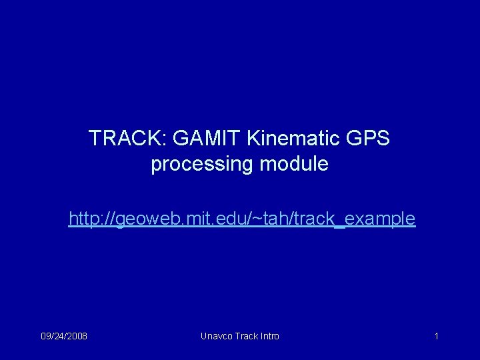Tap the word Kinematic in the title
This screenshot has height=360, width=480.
(295, 139)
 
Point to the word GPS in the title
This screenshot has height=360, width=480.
(369, 139)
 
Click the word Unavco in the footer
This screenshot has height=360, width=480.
(216, 336)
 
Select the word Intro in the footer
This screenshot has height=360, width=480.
(269, 336)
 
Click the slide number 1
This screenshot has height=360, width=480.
(436, 336)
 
